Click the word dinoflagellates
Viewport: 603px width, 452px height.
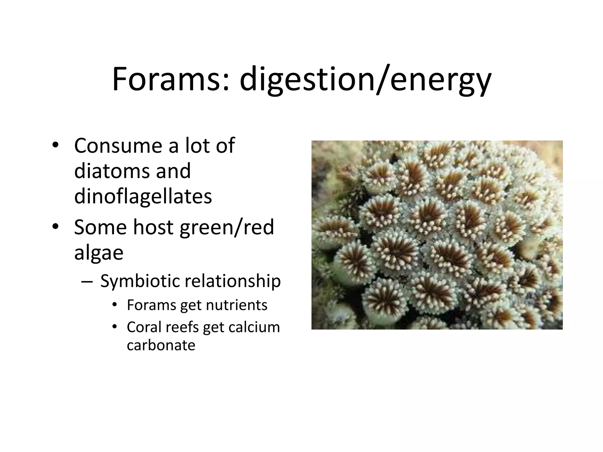click(143, 197)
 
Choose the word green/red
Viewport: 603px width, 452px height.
click(227, 227)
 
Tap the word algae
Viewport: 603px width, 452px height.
click(99, 253)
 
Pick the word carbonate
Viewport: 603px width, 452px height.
click(161, 345)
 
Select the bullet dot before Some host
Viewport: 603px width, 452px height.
click(55, 227)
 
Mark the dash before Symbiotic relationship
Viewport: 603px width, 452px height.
click(87, 282)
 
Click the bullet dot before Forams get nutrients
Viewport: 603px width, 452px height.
click(115, 305)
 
